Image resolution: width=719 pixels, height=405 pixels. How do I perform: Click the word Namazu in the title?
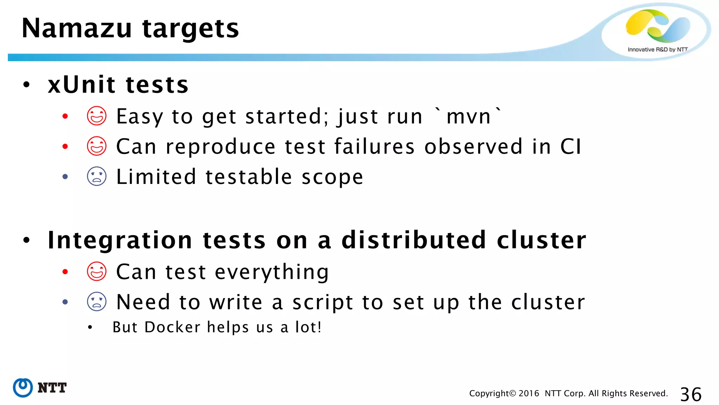(x=77, y=28)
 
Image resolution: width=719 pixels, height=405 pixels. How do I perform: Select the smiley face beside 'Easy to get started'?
(x=97, y=116)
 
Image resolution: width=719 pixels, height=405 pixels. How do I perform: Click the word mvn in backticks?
(x=468, y=117)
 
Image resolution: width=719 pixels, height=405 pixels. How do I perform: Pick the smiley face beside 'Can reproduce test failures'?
(x=97, y=146)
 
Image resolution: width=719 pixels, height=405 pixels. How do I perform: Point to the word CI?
(x=570, y=147)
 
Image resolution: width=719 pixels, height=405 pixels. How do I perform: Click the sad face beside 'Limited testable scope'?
(x=97, y=176)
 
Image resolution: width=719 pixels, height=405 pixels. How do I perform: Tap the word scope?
(x=332, y=177)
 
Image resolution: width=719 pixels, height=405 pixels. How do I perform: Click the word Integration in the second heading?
(x=120, y=240)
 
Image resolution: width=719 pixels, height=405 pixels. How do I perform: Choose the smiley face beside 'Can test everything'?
(x=97, y=272)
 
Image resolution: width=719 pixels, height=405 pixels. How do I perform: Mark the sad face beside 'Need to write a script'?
(x=97, y=302)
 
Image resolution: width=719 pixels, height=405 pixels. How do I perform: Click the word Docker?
(x=172, y=327)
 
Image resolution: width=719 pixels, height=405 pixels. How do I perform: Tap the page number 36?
(x=691, y=394)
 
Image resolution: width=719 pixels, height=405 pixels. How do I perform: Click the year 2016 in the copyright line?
(x=529, y=393)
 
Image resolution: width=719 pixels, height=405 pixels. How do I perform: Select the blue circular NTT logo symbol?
(x=23, y=388)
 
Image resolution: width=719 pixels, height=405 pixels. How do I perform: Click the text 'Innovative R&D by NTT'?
(x=657, y=50)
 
